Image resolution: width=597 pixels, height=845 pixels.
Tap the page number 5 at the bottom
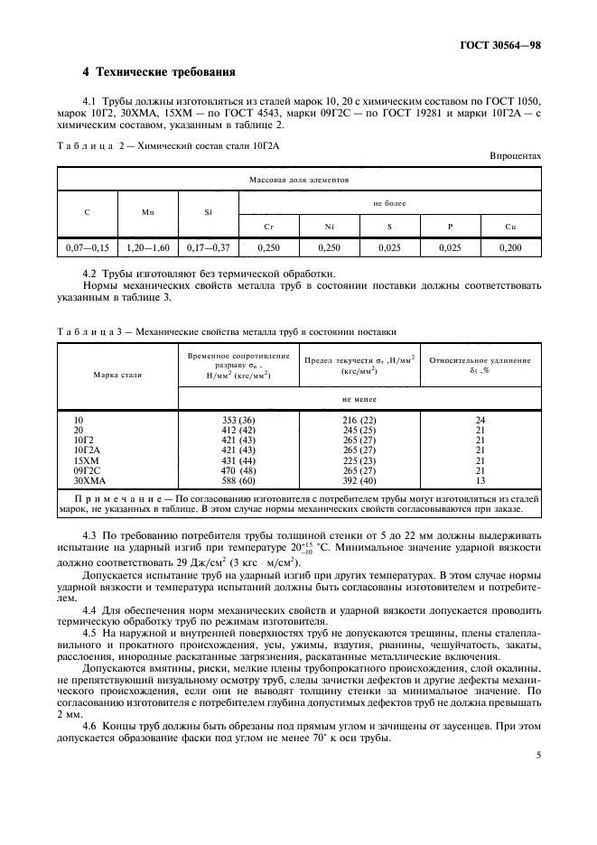click(537, 757)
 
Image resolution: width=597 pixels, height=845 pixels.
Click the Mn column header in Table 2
click(147, 213)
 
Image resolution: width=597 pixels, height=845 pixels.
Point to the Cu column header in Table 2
click(512, 224)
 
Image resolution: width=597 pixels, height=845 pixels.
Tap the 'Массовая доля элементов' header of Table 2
click(299, 180)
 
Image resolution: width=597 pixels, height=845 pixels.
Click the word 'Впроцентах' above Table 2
click(516, 155)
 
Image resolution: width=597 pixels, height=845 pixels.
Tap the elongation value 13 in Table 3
click(480, 481)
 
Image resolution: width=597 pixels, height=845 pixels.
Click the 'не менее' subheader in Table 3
click(359, 398)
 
